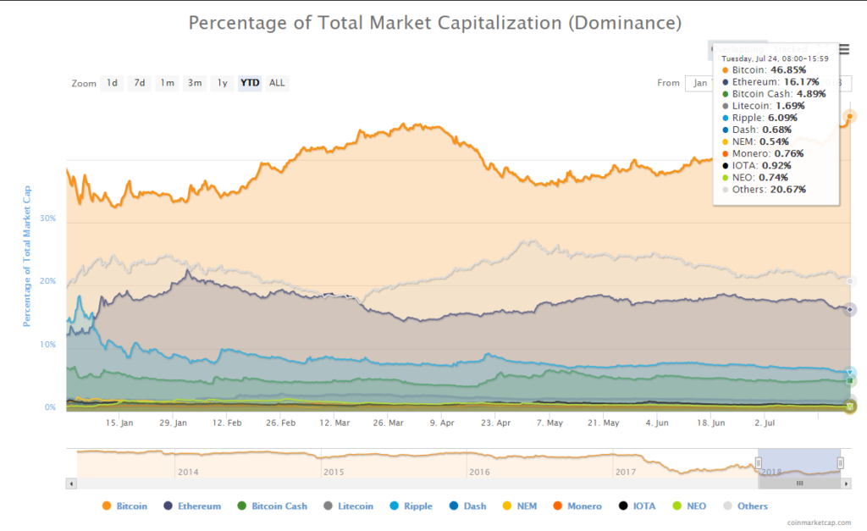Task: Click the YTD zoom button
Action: tap(250, 83)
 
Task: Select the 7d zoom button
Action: tap(139, 83)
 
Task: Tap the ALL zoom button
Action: tap(277, 83)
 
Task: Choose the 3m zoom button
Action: tap(195, 83)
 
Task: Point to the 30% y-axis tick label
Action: tap(47, 218)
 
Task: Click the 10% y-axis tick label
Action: tap(47, 345)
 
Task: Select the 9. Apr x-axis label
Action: tap(443, 422)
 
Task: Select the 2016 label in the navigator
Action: tap(479, 472)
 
